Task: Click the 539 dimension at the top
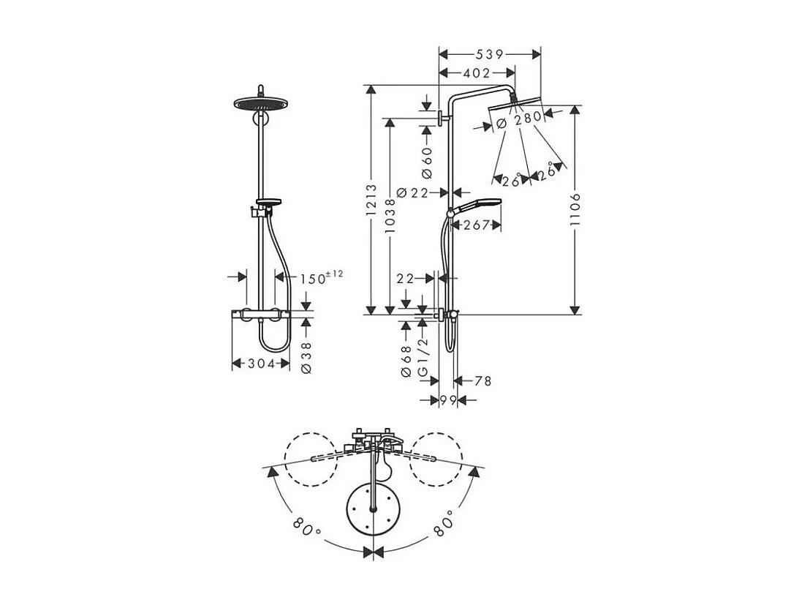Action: (x=489, y=53)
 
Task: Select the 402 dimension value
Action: (x=477, y=72)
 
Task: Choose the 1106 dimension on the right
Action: (x=575, y=211)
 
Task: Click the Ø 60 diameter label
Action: (x=427, y=162)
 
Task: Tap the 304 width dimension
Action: (x=260, y=364)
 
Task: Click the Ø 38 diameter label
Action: (x=306, y=359)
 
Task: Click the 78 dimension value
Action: (x=482, y=380)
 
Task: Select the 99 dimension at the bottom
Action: (x=447, y=400)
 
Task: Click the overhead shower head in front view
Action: (x=258, y=102)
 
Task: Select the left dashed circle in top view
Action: (x=311, y=458)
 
